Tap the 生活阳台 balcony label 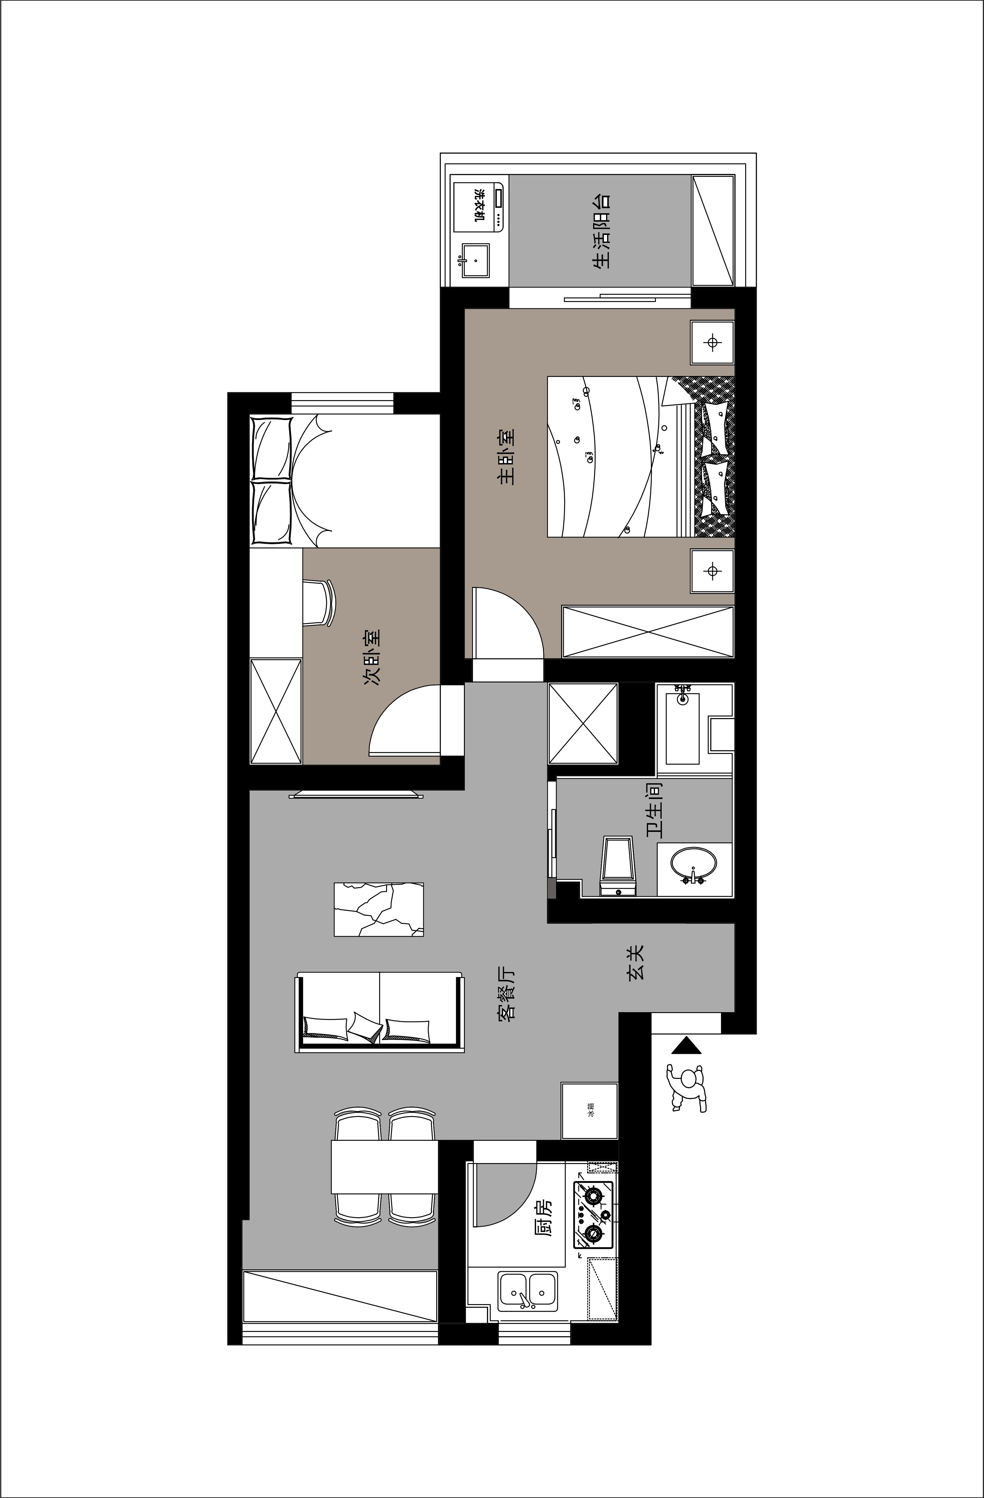point(601,231)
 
